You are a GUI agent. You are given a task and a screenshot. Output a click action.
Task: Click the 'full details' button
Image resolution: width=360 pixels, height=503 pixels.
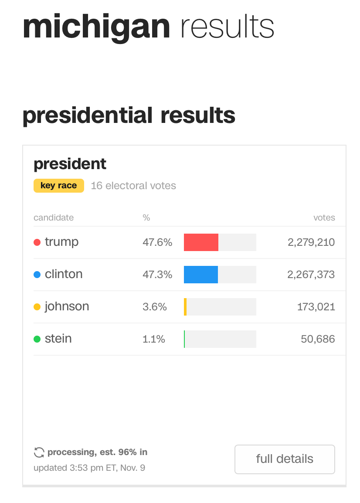tap(285, 459)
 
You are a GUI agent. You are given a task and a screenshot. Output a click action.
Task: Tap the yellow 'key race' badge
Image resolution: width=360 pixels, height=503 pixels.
tap(58, 186)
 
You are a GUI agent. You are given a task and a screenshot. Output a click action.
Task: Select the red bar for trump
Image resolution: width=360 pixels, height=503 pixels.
tap(201, 242)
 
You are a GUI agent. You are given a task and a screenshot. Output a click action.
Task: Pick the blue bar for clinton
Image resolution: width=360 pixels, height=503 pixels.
tap(201, 275)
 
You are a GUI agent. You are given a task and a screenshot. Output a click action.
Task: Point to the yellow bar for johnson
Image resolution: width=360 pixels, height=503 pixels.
tap(185, 307)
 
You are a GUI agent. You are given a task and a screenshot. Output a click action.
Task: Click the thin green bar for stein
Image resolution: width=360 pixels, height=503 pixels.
tap(184, 339)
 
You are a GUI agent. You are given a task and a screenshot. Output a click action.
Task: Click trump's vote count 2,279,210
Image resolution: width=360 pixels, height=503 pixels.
tap(311, 242)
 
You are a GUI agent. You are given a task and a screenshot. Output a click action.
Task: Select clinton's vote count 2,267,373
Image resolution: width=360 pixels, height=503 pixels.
tap(311, 275)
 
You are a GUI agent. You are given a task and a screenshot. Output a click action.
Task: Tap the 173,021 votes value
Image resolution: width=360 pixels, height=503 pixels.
tap(316, 307)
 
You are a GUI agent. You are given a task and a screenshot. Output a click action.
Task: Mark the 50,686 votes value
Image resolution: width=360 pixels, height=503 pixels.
tap(318, 339)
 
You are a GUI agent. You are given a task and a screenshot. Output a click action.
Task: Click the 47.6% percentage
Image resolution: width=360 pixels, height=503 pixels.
tap(157, 242)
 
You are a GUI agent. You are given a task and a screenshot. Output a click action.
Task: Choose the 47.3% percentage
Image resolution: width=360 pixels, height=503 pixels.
tap(157, 275)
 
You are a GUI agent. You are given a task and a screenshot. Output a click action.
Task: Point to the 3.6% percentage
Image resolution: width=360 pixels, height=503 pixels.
tap(155, 307)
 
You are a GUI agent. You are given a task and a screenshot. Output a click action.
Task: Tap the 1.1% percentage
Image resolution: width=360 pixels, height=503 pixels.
tap(154, 339)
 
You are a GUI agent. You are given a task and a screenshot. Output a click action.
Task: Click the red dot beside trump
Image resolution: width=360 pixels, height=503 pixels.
tap(37, 242)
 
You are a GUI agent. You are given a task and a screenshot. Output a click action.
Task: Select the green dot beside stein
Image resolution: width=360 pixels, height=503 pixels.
tap(37, 339)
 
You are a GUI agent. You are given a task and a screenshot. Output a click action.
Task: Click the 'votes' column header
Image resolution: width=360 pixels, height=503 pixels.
tap(324, 218)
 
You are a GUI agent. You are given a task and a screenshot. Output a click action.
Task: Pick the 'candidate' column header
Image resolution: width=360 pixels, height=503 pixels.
tap(54, 218)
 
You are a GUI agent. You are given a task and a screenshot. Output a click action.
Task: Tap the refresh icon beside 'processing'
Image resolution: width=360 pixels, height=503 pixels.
tap(39, 452)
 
